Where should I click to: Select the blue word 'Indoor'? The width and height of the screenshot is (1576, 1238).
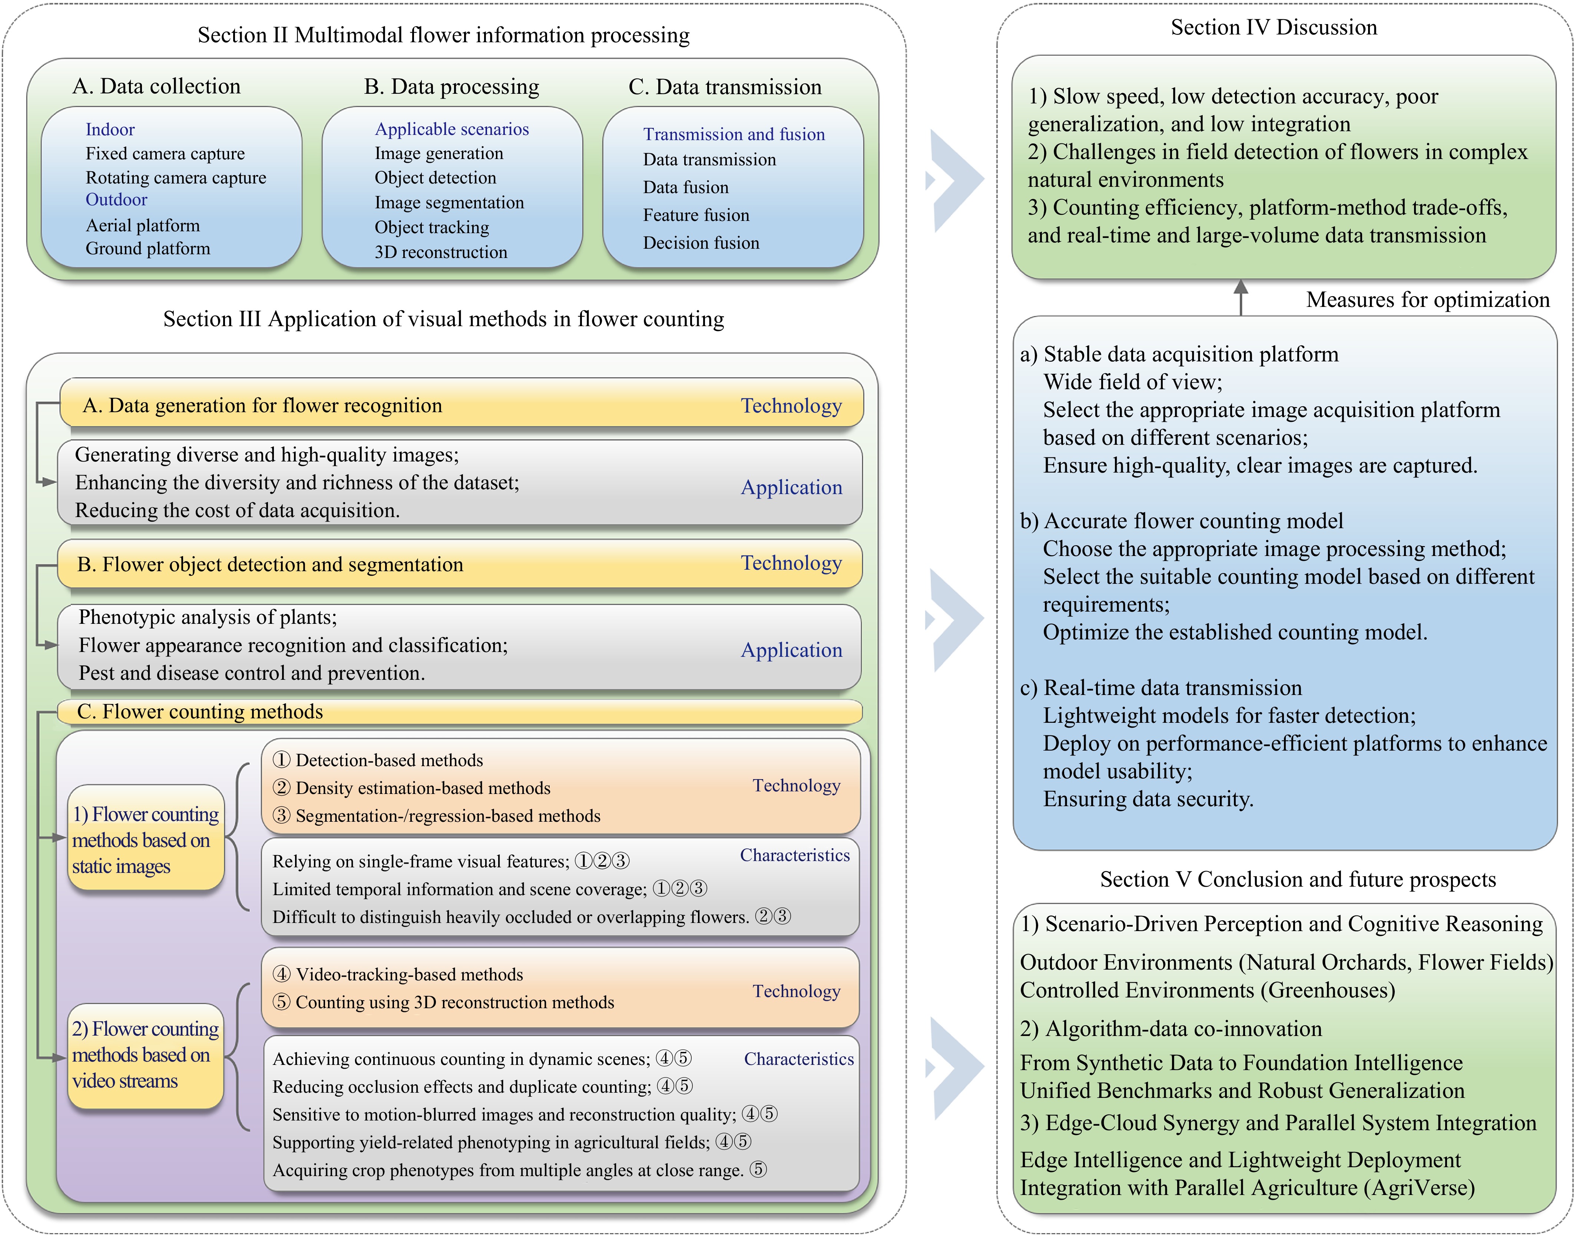110,130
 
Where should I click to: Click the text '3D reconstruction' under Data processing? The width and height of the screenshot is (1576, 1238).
441,252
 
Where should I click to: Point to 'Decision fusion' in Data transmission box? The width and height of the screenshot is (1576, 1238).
701,243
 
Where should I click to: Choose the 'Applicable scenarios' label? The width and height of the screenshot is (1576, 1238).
452,129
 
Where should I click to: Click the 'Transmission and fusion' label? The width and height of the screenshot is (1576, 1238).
734,134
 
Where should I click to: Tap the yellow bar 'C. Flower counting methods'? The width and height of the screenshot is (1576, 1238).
460,712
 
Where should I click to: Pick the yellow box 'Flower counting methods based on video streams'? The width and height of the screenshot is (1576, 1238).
146,1055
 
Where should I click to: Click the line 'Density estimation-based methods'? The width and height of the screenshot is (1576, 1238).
411,788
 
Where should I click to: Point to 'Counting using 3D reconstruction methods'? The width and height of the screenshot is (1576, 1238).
443,1002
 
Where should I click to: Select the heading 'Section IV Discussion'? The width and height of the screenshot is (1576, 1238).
1274,27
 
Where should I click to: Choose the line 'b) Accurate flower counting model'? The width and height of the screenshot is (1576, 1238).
1182,521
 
